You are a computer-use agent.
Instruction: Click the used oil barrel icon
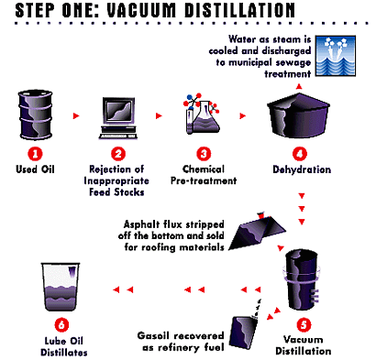coord(35,115)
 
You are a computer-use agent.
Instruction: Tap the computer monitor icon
coord(118,118)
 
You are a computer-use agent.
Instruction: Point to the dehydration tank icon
coord(298,115)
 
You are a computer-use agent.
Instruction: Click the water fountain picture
coord(336,56)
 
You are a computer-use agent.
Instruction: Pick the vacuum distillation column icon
coord(302,279)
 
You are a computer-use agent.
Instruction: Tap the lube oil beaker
coord(61,287)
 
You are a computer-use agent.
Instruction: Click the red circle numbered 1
coord(35,154)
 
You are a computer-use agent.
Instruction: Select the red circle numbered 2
coord(118,154)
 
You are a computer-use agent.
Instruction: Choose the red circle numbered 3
coord(204,154)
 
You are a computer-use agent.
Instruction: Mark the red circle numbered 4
coord(300,154)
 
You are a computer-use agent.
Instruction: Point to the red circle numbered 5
coord(304,324)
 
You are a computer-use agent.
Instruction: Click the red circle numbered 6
coord(61,324)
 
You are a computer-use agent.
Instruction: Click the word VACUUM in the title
coord(141,10)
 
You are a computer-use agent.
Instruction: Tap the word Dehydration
coord(302,169)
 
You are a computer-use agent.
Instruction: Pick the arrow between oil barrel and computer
coord(76,115)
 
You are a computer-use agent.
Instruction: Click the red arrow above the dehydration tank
coord(299,87)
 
